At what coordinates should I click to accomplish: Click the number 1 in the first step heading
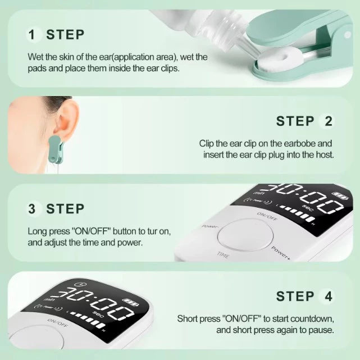coord(32,34)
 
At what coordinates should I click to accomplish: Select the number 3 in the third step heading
coord(32,209)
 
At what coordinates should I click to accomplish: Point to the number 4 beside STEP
coord(327,296)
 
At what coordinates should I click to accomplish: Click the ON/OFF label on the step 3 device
coord(267,215)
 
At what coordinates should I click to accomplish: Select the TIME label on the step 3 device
coord(223,254)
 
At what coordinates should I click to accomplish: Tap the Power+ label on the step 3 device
coord(281,252)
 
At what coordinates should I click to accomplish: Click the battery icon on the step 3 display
coord(339,196)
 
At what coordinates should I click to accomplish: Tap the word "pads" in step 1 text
coord(37,68)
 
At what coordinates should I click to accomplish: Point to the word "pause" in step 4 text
coord(321,330)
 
